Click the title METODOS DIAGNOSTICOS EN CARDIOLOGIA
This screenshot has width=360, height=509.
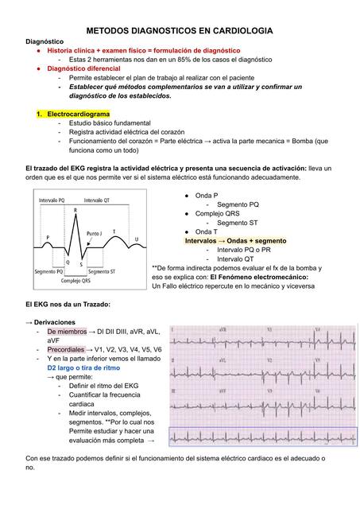coord(180,29)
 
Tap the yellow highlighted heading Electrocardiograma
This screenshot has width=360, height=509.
coord(78,115)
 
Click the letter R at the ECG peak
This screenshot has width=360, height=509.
coord(76,211)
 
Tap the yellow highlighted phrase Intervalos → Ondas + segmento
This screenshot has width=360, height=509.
coord(235,240)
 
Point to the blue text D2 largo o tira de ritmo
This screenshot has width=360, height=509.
coord(83,368)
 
